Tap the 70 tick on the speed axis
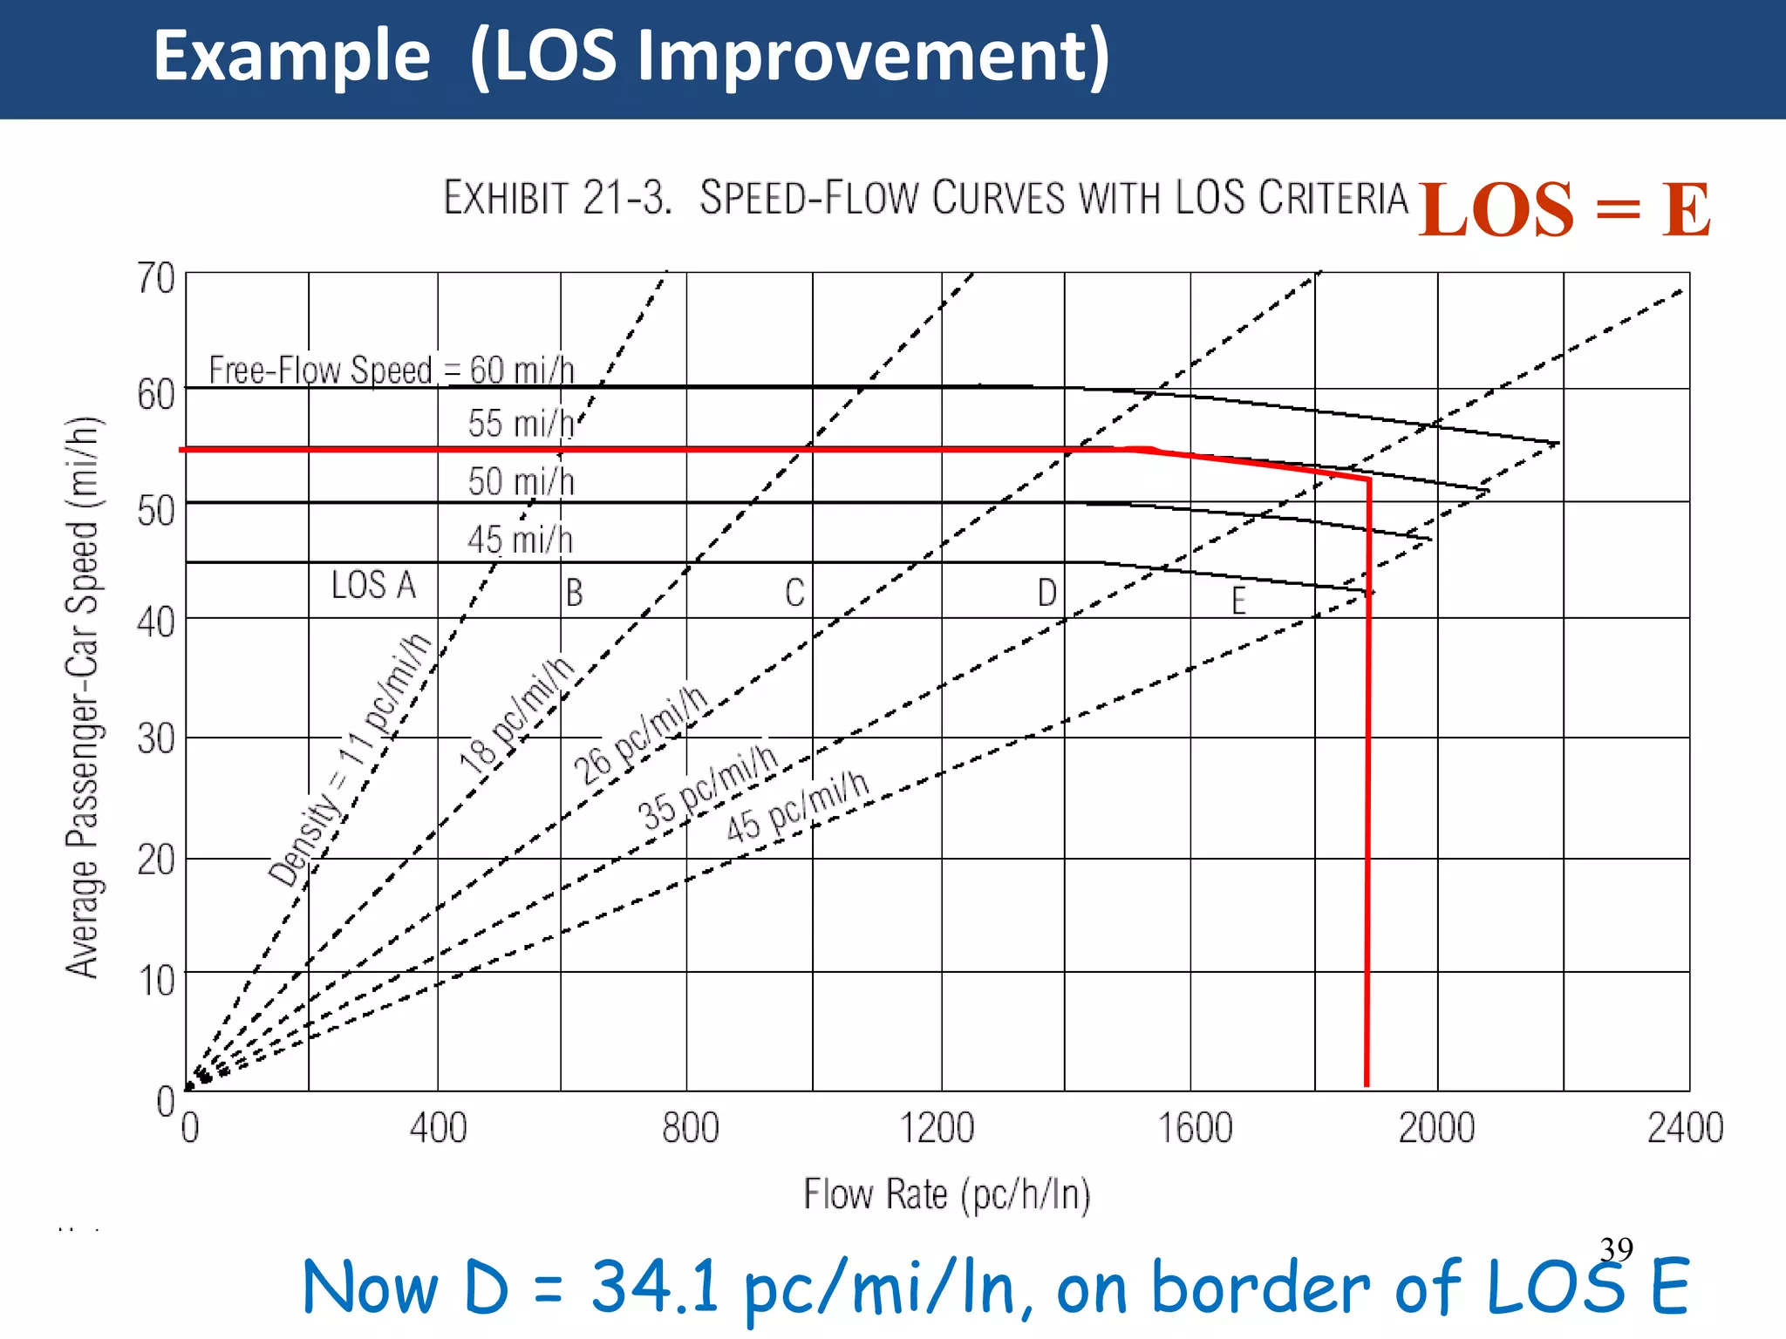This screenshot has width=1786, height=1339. pos(156,279)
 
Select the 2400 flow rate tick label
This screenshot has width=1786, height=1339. pos(1684,1128)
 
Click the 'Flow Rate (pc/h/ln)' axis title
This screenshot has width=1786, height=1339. pos(947,1194)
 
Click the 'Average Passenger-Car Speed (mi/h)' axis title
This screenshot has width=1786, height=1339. pos(84,697)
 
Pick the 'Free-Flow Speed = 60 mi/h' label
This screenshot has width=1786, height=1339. pos(392,370)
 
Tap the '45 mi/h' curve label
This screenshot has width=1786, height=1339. pos(521,540)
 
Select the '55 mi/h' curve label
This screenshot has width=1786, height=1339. pos(521,424)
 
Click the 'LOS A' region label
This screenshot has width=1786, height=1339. pos(373,585)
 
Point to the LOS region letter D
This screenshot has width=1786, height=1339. pos(1046,594)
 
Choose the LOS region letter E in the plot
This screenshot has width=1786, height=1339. pos(1238,601)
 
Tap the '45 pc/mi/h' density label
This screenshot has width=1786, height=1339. pos(798,807)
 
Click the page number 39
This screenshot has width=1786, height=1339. pos(1616,1249)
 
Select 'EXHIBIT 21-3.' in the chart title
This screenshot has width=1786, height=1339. pos(558,198)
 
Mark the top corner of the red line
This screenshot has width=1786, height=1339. pos(1369,479)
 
